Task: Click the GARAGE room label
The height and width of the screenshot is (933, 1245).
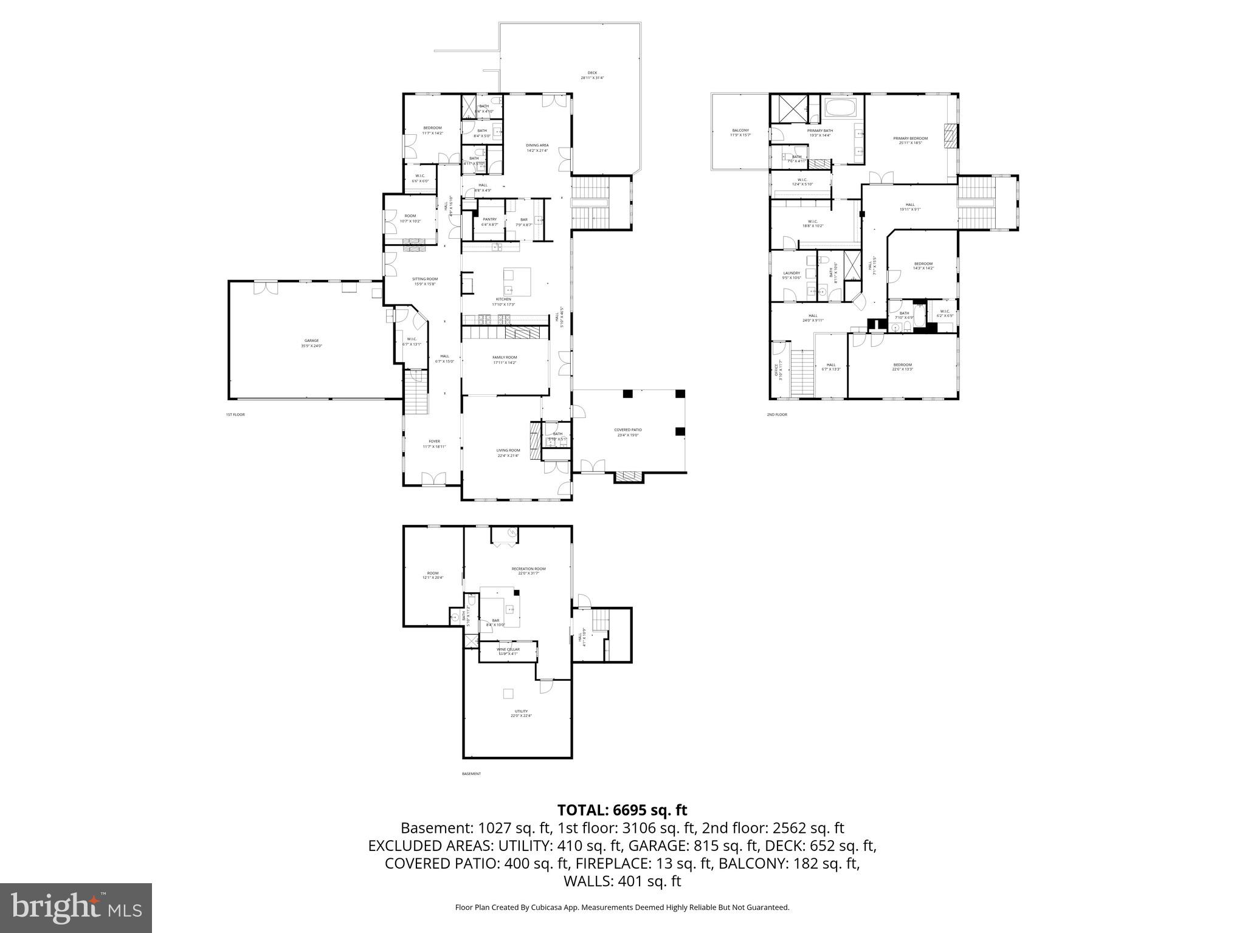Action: [311, 341]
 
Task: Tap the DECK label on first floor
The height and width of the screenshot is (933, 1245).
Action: [592, 73]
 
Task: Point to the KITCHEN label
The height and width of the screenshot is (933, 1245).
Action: [503, 299]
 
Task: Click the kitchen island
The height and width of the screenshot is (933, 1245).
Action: [517, 281]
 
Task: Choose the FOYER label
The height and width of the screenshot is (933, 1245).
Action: [434, 442]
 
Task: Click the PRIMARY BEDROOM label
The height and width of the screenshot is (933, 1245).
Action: [910, 138]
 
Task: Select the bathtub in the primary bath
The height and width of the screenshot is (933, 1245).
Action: [841, 110]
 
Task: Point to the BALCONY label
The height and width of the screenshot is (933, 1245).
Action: [740, 131]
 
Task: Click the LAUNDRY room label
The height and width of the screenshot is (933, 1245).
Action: [791, 273]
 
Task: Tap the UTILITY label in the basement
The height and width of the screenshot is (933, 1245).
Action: [521, 711]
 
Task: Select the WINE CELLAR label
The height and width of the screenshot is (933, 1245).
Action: [508, 649]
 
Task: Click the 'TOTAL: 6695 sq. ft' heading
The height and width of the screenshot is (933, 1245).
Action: [622, 810]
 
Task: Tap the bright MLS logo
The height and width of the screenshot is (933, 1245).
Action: [76, 907]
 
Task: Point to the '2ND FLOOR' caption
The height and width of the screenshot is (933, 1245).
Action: [776, 415]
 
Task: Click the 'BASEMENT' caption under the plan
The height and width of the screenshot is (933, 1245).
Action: [471, 774]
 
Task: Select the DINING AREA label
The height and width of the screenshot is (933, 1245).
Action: [537, 145]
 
